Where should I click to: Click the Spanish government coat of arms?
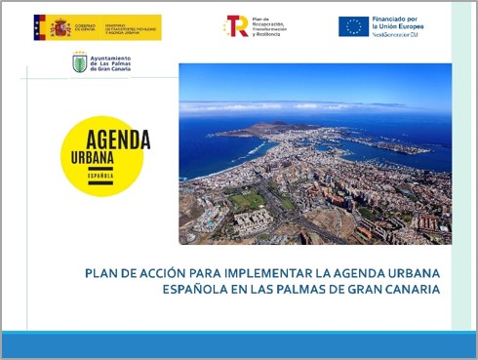40,27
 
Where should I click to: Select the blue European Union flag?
353,26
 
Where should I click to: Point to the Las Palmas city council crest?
80,62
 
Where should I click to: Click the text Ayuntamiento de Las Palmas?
111,63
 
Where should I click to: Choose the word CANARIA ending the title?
409,290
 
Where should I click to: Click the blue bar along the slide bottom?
239,343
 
